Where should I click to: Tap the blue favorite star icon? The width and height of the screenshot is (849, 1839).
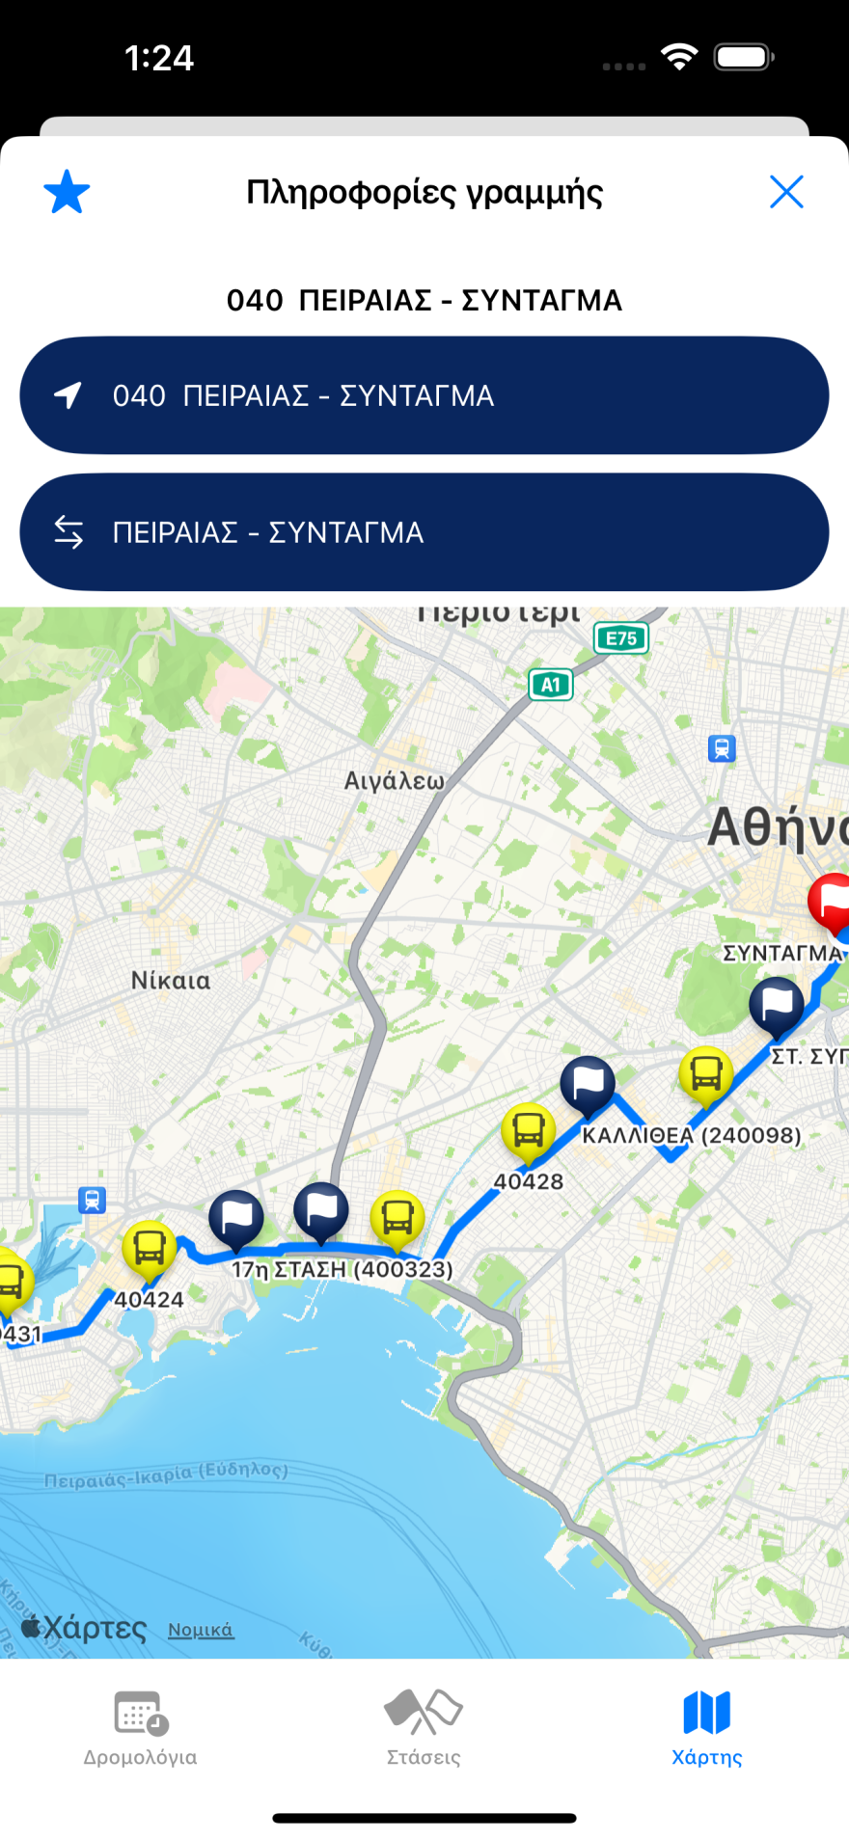[67, 192]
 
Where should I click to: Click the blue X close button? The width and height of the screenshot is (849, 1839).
[786, 192]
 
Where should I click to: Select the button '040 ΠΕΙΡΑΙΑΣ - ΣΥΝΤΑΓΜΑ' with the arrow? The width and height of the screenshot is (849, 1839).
[424, 395]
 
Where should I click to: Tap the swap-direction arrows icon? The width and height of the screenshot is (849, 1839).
[68, 532]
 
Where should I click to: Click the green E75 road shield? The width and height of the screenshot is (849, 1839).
[620, 638]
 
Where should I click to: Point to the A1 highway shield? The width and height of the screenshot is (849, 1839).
[551, 685]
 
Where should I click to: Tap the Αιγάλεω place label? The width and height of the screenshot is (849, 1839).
[395, 780]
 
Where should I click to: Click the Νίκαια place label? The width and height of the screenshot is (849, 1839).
[171, 981]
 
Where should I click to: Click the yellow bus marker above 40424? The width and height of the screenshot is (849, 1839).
[150, 1248]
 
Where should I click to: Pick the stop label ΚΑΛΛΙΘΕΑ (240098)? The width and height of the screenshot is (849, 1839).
[691, 1135]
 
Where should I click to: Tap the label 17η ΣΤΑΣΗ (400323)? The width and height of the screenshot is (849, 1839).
[342, 1269]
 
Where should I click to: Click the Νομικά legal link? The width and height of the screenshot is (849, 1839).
[201, 1630]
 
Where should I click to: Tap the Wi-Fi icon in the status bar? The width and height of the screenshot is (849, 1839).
[679, 58]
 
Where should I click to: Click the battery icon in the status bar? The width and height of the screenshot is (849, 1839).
[743, 58]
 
